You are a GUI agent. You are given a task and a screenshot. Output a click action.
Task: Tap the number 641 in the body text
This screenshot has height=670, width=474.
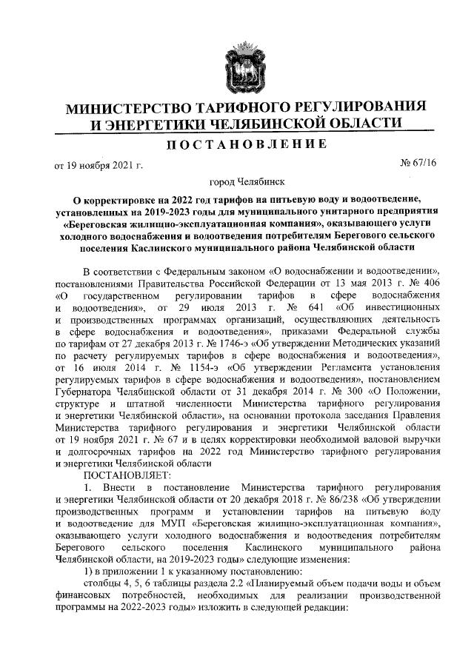tap(314, 306)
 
